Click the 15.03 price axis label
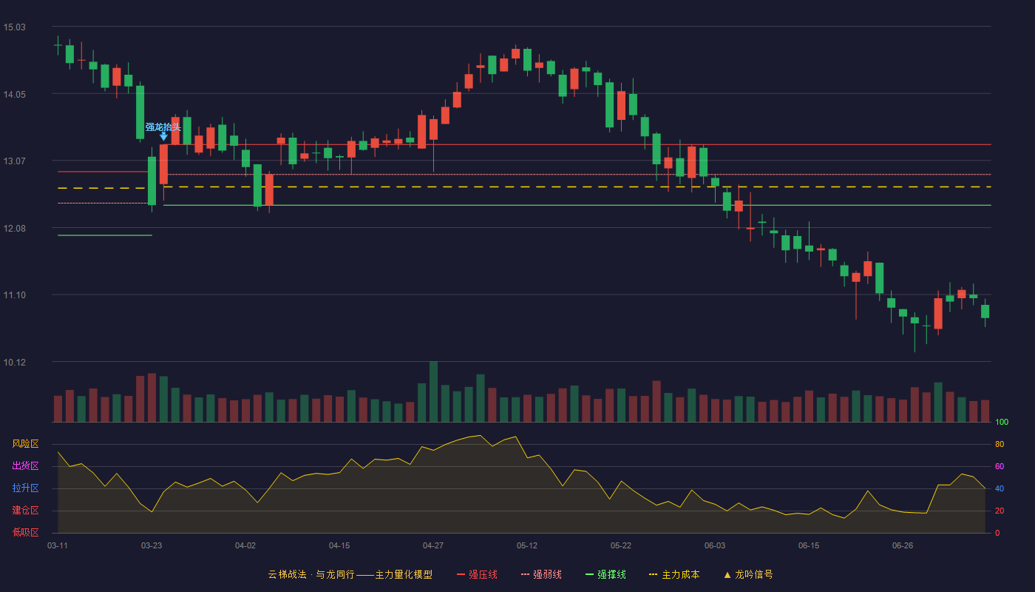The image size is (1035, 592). click(x=14, y=27)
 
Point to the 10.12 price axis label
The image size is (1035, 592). click(x=14, y=362)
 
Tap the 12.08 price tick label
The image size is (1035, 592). click(x=14, y=229)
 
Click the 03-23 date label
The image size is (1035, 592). click(x=152, y=546)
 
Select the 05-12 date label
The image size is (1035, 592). click(x=527, y=546)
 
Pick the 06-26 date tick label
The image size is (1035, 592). click(x=903, y=546)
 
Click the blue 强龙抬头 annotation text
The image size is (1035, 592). click(x=163, y=127)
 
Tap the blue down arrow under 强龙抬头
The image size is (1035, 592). click(x=163, y=136)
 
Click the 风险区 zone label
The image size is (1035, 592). click(x=25, y=444)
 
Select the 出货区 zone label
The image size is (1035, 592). click(x=25, y=465)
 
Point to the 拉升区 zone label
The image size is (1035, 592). click(x=25, y=488)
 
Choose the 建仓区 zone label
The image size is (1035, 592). click(x=25, y=510)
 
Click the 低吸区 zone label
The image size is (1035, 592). click(x=25, y=532)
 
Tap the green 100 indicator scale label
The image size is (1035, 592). click(x=1002, y=422)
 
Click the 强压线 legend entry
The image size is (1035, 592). click(x=477, y=574)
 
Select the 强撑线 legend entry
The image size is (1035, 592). click(x=605, y=574)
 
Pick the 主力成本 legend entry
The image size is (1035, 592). click(x=674, y=574)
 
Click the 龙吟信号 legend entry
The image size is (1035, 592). click(x=748, y=574)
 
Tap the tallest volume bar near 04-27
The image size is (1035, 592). click(x=433, y=391)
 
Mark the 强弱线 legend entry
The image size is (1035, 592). click(x=541, y=574)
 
